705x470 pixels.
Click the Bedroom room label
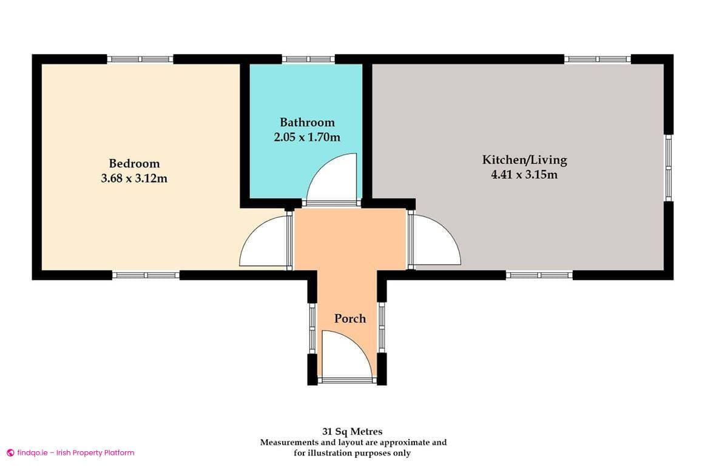point(134,164)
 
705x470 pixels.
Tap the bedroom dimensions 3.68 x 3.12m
point(134,178)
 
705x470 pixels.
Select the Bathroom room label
point(307,123)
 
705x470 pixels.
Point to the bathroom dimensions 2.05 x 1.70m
point(307,137)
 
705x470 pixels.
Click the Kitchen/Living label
point(524,160)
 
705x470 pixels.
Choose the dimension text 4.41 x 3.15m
point(524,175)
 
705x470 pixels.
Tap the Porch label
point(350,318)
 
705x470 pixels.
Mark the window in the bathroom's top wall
point(308,59)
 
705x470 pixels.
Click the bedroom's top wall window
point(141,59)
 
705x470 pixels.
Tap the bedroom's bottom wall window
point(146,275)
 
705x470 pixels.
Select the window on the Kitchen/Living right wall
point(668,167)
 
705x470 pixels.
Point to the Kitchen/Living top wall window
point(598,59)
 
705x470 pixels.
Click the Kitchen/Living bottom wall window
point(539,275)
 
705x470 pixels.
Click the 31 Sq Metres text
point(352,432)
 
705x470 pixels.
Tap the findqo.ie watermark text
point(71,452)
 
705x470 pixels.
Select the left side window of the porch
point(312,327)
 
